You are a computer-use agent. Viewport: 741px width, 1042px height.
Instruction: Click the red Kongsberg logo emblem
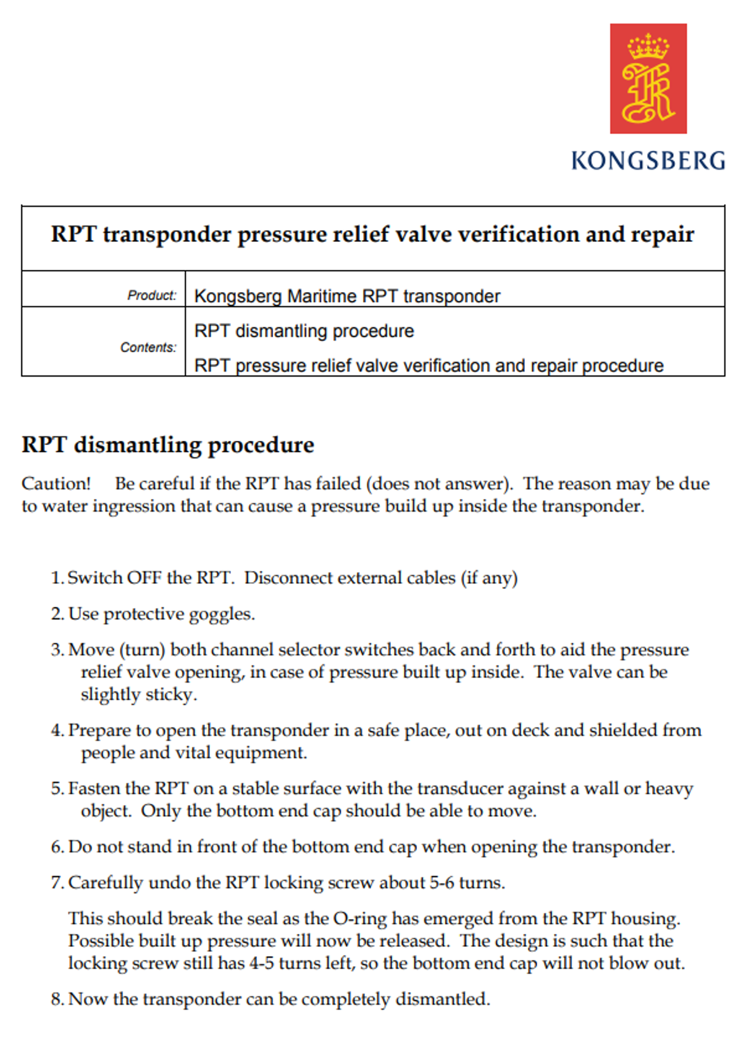(x=648, y=78)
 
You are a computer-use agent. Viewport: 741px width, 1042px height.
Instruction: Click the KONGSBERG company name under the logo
(x=648, y=161)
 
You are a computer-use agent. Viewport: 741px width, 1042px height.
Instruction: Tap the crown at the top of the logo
(x=648, y=46)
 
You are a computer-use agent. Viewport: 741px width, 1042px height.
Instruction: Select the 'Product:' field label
(x=152, y=296)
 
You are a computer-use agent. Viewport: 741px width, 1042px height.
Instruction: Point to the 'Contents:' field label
(x=148, y=348)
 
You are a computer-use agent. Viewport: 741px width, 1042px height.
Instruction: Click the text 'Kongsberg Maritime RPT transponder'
(x=347, y=296)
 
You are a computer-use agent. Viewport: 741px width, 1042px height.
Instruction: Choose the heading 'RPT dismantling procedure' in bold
(x=168, y=445)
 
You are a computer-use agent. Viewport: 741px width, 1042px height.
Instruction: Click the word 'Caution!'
(x=56, y=483)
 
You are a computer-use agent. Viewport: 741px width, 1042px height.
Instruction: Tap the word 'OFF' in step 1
(x=144, y=578)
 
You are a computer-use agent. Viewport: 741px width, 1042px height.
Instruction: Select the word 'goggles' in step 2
(x=220, y=614)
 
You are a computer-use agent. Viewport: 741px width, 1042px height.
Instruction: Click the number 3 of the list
(x=56, y=650)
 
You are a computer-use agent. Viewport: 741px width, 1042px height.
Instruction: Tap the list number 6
(x=56, y=847)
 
